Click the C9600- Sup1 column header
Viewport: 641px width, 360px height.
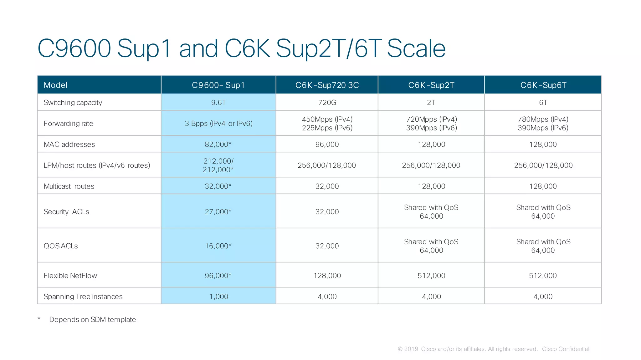[x=218, y=85]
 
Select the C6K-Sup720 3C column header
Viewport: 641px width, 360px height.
[x=327, y=85]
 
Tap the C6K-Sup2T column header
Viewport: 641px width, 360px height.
[x=431, y=85]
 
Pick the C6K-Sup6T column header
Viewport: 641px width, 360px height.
[x=543, y=85]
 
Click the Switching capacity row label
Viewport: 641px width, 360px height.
[x=73, y=103]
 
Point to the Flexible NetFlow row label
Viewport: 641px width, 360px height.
[x=70, y=276]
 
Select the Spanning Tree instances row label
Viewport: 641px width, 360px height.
[x=83, y=297]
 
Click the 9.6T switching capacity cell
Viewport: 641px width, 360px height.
[x=218, y=103]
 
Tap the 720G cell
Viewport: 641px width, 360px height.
[x=327, y=103]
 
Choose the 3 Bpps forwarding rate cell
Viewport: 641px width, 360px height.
[x=218, y=124]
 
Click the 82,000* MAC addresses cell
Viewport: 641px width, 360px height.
[x=218, y=145]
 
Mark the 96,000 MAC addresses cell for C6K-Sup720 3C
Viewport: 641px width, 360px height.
[x=327, y=145]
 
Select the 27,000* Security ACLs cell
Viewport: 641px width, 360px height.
[x=218, y=212]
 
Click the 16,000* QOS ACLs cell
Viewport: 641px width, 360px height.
[x=218, y=246]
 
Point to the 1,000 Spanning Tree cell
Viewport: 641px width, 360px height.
[x=218, y=297]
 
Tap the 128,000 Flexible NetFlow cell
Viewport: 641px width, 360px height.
[x=327, y=276]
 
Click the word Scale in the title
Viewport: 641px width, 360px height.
[x=416, y=48]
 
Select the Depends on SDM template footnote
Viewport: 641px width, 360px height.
[x=92, y=320]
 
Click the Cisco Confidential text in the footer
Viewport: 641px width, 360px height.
[x=565, y=349]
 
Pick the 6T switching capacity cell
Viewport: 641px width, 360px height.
[x=543, y=103]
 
